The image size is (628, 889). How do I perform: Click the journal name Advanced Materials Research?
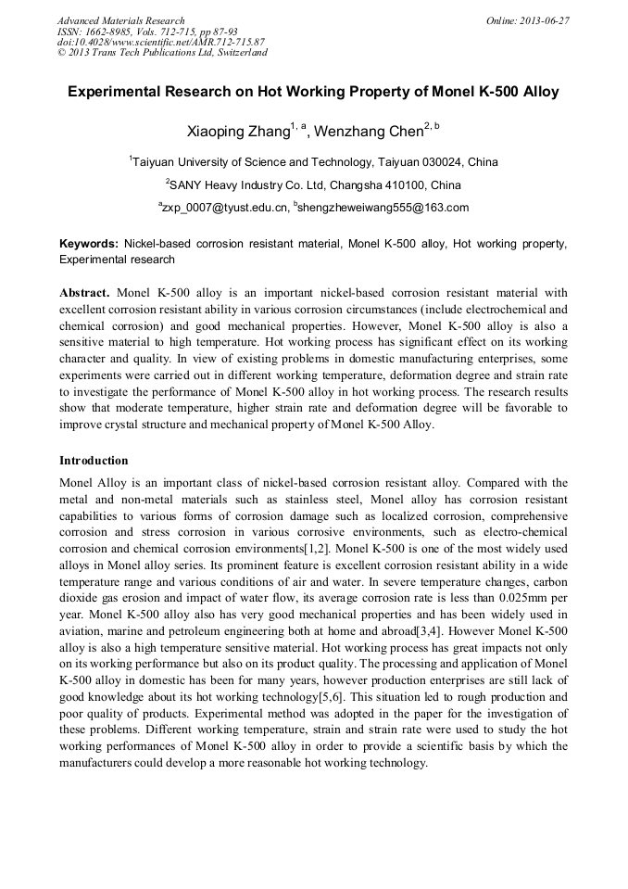pyautogui.click(x=121, y=20)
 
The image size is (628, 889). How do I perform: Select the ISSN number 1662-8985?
pyautogui.click(x=116, y=32)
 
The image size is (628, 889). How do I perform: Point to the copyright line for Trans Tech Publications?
pyautogui.click(x=162, y=53)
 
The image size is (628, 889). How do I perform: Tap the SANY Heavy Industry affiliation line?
pyautogui.click(x=315, y=184)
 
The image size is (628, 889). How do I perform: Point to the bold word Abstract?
pyautogui.click(x=85, y=291)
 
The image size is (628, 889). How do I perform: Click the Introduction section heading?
pyautogui.click(x=94, y=461)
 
